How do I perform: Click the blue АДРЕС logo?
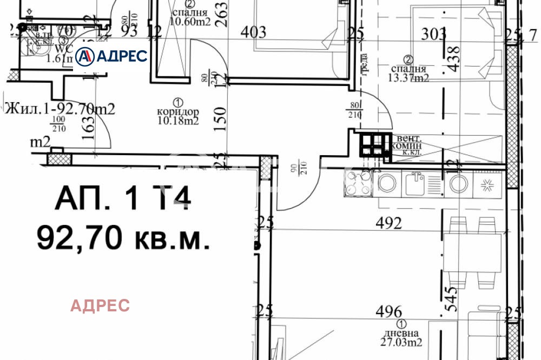pos(111,56)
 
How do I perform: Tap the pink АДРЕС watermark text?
pos(100,305)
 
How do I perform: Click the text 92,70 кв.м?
pos(123,237)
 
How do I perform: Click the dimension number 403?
pos(253,32)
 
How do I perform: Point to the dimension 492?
pos(390,223)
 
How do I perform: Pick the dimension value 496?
pos(390,311)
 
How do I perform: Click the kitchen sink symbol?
pos(418,182)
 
